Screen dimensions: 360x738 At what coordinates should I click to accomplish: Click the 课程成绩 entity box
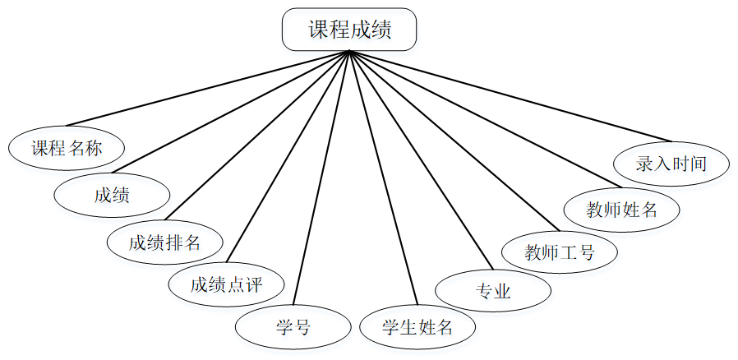(x=349, y=30)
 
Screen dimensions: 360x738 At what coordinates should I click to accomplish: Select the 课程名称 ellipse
(x=67, y=149)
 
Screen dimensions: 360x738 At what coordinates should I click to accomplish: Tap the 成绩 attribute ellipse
(x=112, y=196)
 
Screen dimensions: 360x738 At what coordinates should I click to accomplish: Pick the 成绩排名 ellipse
(x=164, y=242)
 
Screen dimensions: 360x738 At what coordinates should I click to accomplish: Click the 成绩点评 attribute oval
(x=226, y=285)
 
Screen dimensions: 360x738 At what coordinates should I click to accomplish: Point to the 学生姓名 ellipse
(x=417, y=326)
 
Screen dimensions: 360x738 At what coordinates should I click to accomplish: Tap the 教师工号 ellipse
(x=560, y=252)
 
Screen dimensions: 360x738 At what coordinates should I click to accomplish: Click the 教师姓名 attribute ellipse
(x=622, y=209)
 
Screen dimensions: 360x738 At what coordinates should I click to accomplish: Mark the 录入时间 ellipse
(x=671, y=163)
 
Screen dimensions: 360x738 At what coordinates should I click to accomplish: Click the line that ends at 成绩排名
(x=259, y=136)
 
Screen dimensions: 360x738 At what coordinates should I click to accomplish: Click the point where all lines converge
(x=349, y=52)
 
